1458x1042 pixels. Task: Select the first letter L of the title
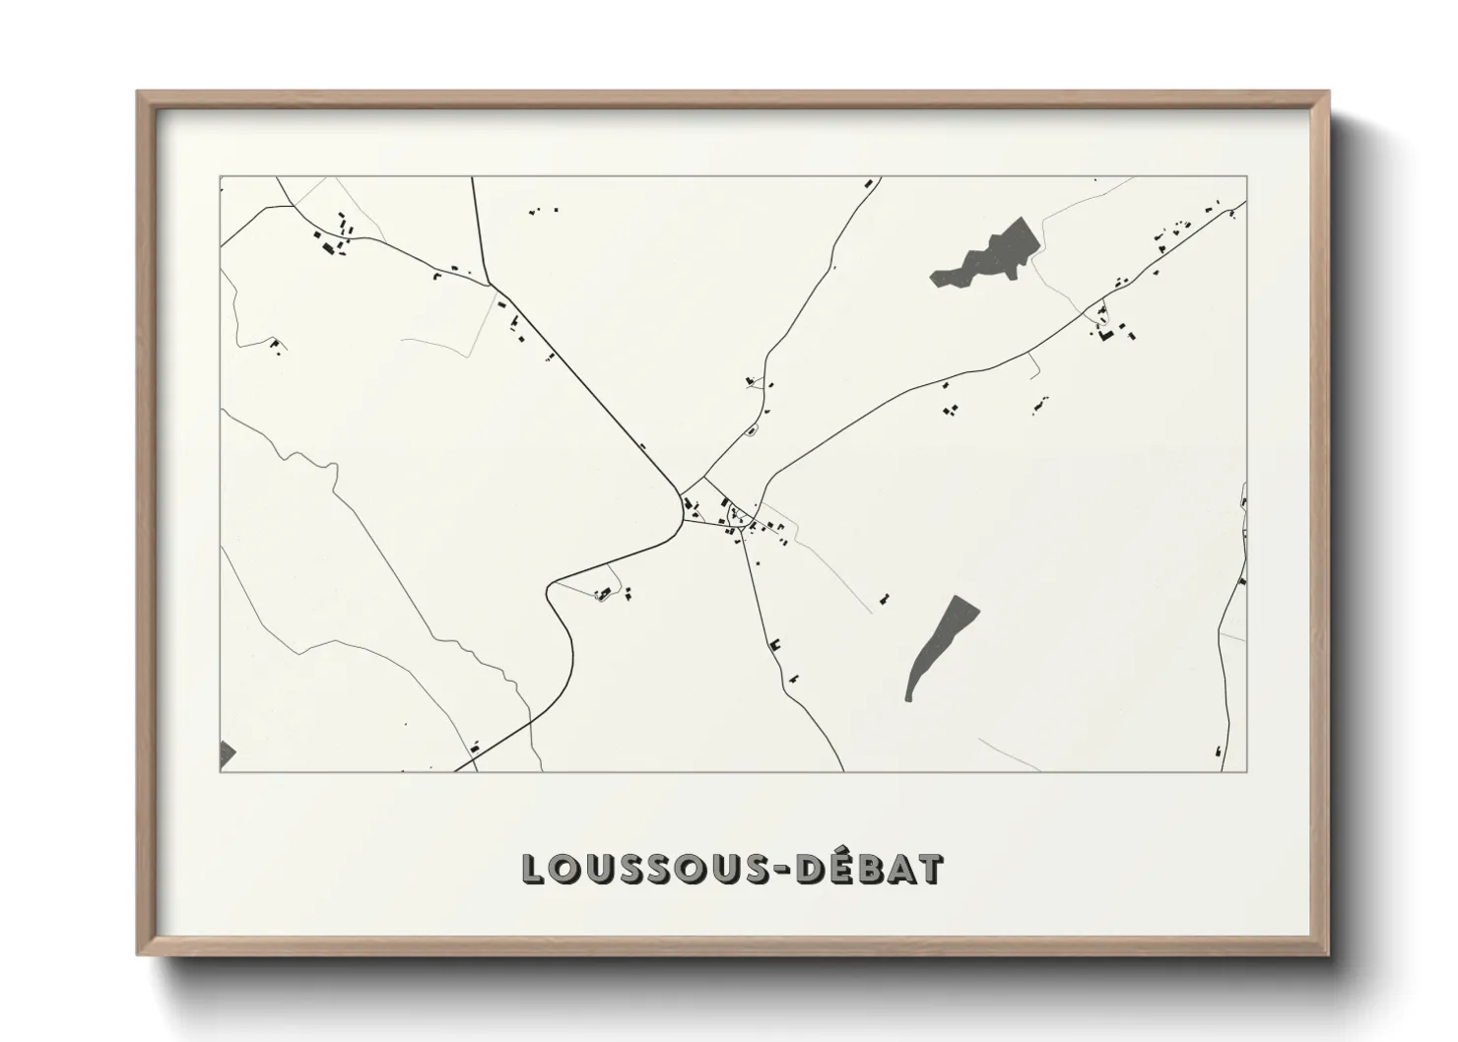coord(532,869)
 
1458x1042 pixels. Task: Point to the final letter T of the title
coord(930,869)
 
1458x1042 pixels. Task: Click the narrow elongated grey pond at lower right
coord(940,645)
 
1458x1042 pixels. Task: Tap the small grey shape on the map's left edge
coord(227,754)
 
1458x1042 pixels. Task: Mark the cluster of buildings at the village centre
coord(734,518)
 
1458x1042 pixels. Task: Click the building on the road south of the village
coord(776,644)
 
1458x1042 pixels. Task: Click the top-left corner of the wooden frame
coord(139,93)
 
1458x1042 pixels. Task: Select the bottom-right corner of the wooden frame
coord(1329,954)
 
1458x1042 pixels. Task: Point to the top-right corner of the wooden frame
coord(1329,93)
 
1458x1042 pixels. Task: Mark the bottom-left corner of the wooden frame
coord(139,954)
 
